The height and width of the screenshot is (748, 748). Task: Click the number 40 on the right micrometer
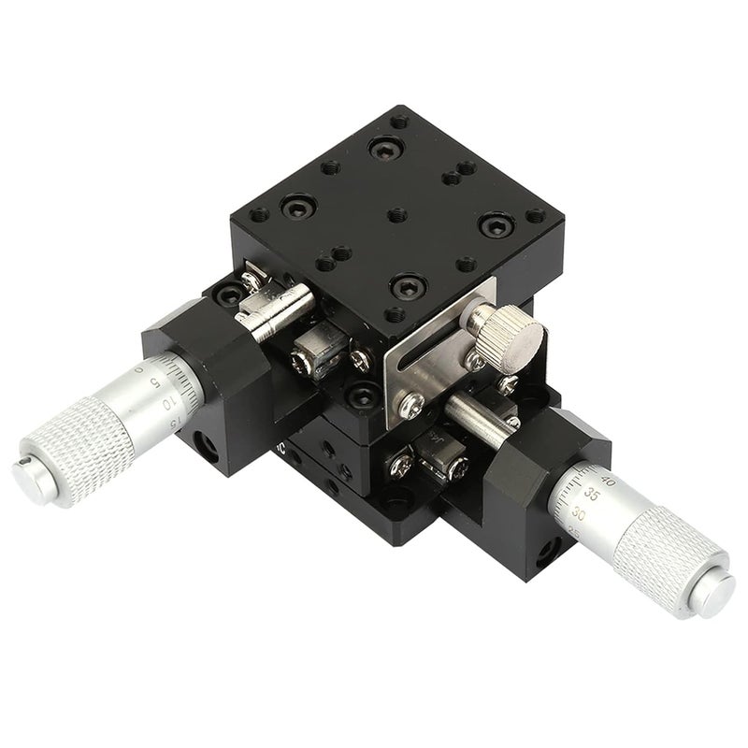pyautogui.click(x=609, y=481)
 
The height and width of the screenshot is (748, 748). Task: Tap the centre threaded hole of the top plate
pyautogui.click(x=397, y=215)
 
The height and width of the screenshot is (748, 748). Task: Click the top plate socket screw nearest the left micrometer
pyautogui.click(x=298, y=207)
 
